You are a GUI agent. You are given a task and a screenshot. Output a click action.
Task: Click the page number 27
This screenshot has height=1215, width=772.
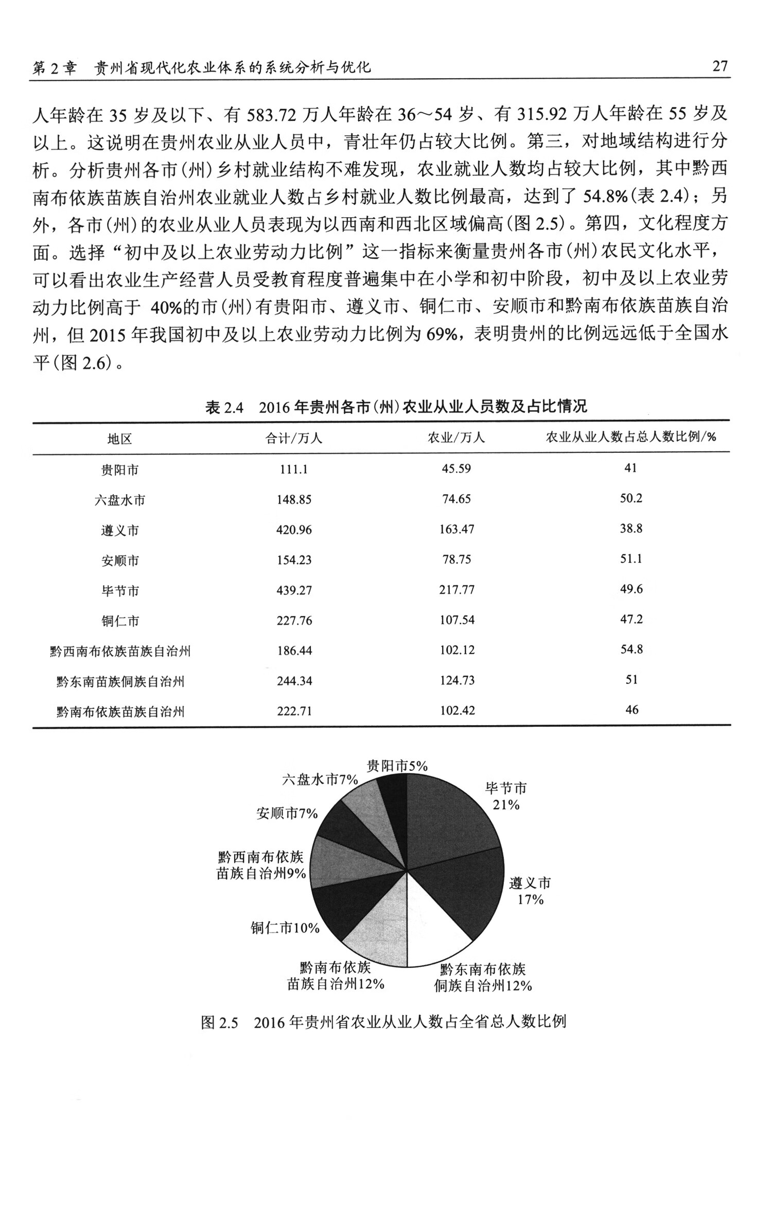[720, 66]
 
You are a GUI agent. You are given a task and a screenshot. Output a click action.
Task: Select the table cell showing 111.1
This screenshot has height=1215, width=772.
[294, 469]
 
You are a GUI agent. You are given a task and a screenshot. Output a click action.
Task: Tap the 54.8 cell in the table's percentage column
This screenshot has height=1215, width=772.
[631, 649]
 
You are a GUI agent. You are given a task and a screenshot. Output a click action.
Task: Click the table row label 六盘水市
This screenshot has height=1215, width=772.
[120, 500]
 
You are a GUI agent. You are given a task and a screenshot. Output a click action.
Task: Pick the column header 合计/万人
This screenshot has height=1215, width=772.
[294, 438]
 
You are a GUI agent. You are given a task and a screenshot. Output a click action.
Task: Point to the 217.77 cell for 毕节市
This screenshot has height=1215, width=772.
[457, 590]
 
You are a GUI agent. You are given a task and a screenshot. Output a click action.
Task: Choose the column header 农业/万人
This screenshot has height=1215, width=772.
[457, 438]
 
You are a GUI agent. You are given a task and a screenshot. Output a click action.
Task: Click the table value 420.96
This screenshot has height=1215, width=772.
[294, 530]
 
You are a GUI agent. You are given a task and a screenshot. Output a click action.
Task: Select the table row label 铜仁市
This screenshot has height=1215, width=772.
[120, 621]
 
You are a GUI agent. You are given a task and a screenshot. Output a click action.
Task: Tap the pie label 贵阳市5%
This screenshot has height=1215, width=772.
[397, 766]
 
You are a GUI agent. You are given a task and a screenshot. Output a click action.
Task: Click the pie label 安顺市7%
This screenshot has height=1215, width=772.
[287, 814]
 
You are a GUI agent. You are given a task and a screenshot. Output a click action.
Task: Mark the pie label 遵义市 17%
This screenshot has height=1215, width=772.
[530, 891]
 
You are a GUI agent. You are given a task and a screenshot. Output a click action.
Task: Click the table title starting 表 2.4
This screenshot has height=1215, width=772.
[396, 407]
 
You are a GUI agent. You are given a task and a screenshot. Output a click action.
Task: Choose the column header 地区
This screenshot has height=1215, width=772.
[120, 438]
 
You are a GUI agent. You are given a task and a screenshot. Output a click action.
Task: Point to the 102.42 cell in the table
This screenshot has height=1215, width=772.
[457, 711]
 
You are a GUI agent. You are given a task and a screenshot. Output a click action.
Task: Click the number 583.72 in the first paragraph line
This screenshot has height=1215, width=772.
[271, 114]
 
